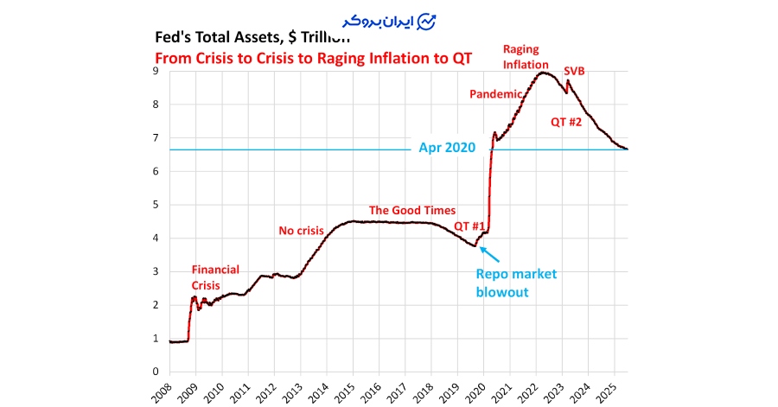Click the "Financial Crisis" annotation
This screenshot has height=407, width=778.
click(215, 277)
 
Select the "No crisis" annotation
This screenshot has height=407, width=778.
click(301, 231)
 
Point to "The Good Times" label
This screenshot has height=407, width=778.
click(411, 210)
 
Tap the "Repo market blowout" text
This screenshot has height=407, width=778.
click(517, 283)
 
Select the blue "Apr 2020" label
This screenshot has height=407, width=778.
click(447, 148)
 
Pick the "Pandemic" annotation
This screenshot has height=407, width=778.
click(496, 93)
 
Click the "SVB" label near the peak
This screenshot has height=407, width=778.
click(574, 71)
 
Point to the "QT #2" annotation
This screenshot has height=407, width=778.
click(566, 122)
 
